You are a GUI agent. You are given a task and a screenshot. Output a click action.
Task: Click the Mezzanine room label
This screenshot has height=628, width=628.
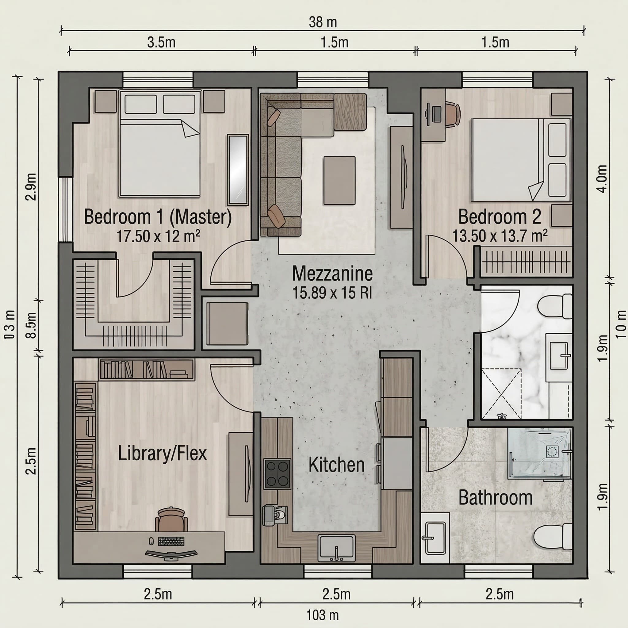[x=332, y=274]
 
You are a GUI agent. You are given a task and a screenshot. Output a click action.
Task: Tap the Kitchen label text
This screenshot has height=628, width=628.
[x=336, y=465]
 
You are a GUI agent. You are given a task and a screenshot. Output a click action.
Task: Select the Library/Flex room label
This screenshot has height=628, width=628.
[x=162, y=454]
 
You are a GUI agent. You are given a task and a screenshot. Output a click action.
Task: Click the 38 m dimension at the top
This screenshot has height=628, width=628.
[x=323, y=22]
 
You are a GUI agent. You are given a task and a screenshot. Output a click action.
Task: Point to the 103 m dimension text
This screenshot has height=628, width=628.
[x=323, y=615]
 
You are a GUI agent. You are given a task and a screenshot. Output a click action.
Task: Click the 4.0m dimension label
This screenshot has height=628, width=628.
[x=602, y=179]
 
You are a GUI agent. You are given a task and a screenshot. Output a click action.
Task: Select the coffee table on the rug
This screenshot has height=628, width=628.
[x=339, y=180]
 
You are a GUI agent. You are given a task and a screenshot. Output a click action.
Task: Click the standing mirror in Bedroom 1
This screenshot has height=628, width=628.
[x=238, y=170]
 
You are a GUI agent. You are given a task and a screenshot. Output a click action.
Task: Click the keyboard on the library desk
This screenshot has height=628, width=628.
[x=171, y=542]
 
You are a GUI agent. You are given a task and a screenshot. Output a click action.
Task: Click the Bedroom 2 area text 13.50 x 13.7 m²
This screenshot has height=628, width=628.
[x=500, y=236]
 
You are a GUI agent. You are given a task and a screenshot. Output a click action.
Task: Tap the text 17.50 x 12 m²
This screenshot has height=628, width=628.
[x=158, y=236]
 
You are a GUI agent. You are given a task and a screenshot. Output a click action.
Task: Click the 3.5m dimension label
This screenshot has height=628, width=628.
[x=161, y=42]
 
